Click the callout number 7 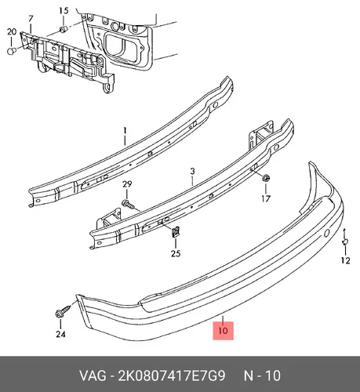pyautogui.click(x=31, y=19)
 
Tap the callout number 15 pyautogui.click(x=64, y=11)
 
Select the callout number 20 pyautogui.click(x=12, y=32)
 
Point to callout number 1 pyautogui.click(x=125, y=130)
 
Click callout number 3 pyautogui.click(x=192, y=172)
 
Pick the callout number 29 pyautogui.click(x=127, y=184)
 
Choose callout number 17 pyautogui.click(x=266, y=199)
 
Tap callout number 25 pyautogui.click(x=176, y=253)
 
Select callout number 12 pyautogui.click(x=345, y=260)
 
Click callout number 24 pyautogui.click(x=60, y=334)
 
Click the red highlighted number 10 pyautogui.click(x=223, y=331)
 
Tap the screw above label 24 pyautogui.click(x=63, y=310)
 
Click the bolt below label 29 pyautogui.click(x=128, y=204)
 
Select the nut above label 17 pyautogui.click(x=266, y=178)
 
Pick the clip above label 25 pyautogui.click(x=176, y=232)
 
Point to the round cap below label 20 pyautogui.click(x=11, y=51)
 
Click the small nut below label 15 pyautogui.click(x=63, y=29)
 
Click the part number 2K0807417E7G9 pyautogui.click(x=172, y=376)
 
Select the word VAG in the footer pyautogui.click(x=93, y=376)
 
